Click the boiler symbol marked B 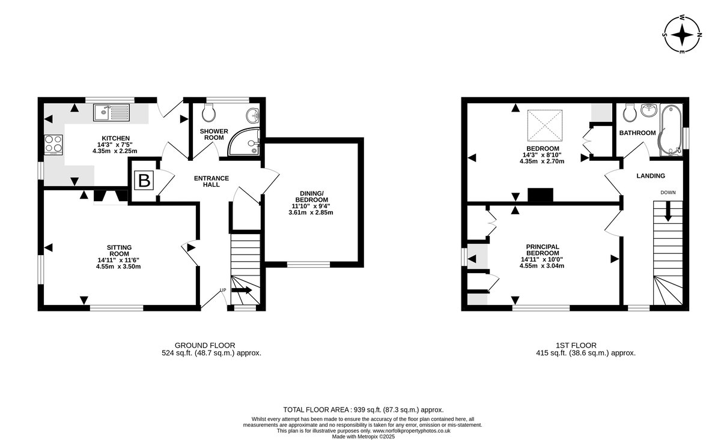(144, 181)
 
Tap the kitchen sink (111, 112)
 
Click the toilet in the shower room (208, 113)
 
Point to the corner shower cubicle (246, 142)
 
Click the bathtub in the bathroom (671, 130)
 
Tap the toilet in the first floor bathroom (630, 113)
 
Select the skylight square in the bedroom (544, 125)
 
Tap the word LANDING (651, 176)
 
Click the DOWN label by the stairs (668, 193)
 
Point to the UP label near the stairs (223, 290)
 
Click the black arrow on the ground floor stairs (242, 290)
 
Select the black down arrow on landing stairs (668, 211)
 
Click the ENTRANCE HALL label (211, 181)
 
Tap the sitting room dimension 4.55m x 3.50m (118, 267)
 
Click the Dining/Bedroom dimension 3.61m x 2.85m (311, 212)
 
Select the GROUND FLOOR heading (205, 345)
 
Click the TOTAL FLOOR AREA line (364, 410)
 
